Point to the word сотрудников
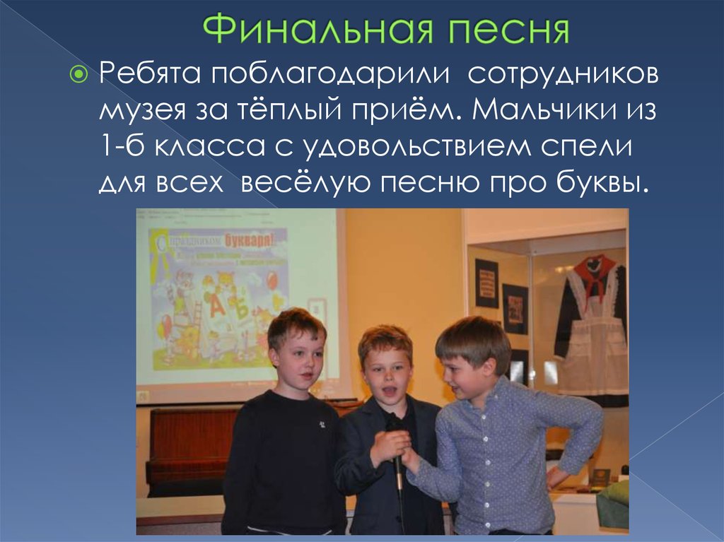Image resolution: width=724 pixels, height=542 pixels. pos(564,73)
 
